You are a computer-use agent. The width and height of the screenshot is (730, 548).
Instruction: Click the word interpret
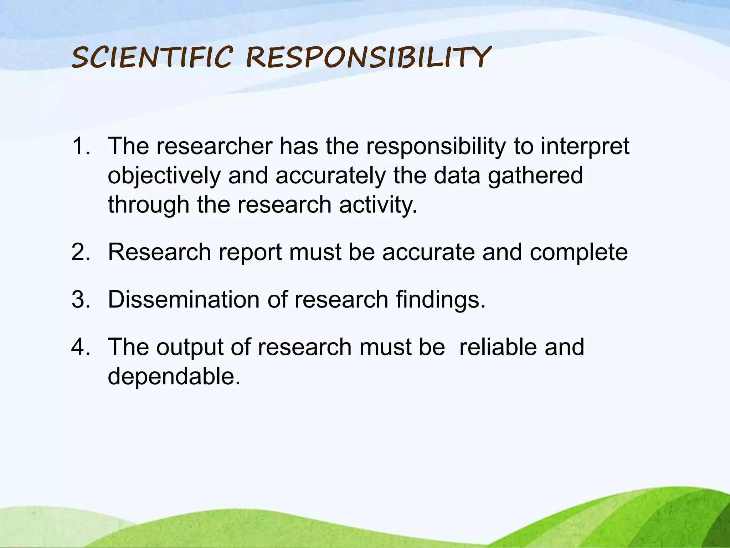[x=585, y=147]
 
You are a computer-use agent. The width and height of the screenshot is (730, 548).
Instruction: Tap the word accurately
[x=331, y=176]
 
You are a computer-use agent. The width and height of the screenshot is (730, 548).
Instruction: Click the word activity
[x=378, y=205]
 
